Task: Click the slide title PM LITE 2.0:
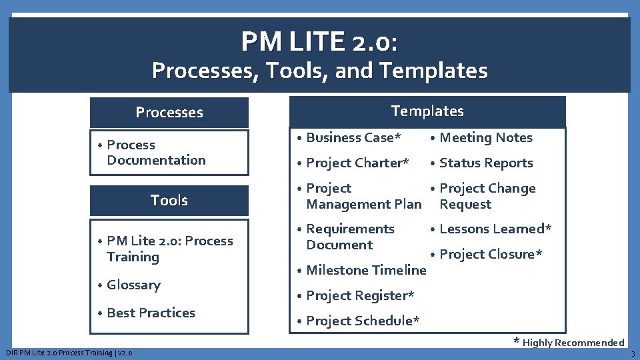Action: point(319,42)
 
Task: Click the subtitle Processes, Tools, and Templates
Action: point(319,70)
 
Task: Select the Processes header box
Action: point(169,113)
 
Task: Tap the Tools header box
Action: point(169,200)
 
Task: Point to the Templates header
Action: point(427,111)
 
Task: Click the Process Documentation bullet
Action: point(155,153)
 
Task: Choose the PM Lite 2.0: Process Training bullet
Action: point(169,249)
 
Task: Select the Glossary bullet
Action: point(133,285)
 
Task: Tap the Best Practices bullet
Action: point(151,313)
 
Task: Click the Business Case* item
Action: point(353,138)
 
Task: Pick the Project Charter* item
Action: point(357,163)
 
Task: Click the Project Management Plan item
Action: point(363,197)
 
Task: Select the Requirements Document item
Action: point(350,237)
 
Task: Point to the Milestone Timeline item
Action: point(365,270)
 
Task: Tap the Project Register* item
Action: point(360,295)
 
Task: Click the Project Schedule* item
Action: point(363,321)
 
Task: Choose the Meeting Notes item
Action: point(485,138)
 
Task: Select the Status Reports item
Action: point(486,163)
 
